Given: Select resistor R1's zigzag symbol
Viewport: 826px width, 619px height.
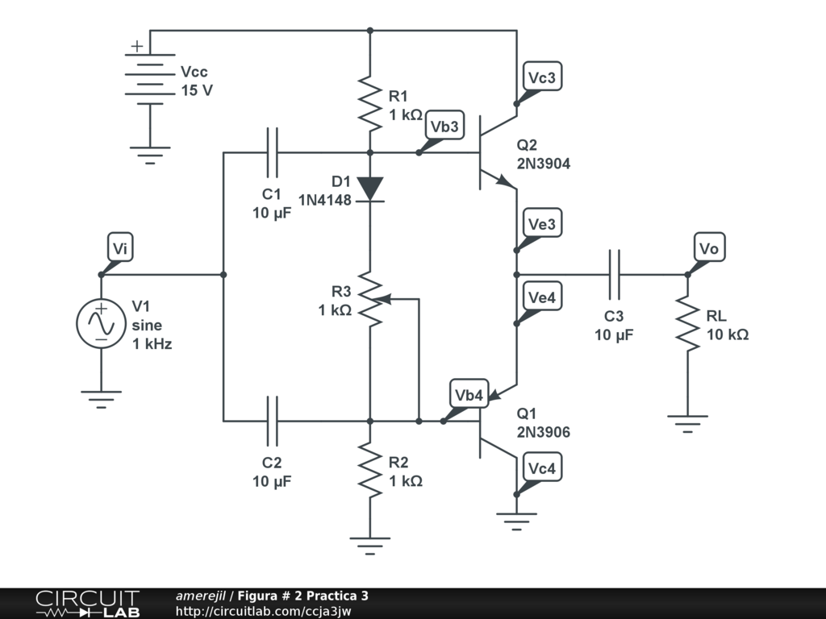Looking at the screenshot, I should (x=369, y=103).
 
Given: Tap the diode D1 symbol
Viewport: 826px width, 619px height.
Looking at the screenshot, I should (x=369, y=189).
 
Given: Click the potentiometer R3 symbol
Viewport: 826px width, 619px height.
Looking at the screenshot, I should (x=369, y=299).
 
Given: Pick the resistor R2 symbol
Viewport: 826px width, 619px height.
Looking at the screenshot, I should (x=369, y=472).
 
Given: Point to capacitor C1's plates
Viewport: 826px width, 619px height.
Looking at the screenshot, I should (x=272, y=152).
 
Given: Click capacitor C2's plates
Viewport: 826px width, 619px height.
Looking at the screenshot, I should (x=272, y=421).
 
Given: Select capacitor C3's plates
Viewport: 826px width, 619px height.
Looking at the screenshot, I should (x=615, y=274).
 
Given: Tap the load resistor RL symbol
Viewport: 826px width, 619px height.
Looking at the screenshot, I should (x=688, y=322).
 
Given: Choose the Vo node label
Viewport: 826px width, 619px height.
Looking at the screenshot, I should (x=708, y=248).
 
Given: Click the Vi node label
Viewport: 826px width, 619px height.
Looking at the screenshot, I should (x=119, y=249).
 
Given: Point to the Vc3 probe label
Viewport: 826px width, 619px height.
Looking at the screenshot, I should (x=541, y=77).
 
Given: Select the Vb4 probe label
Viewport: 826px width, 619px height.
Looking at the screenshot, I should (x=469, y=395).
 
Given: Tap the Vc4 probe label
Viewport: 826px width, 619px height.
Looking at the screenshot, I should (x=541, y=468).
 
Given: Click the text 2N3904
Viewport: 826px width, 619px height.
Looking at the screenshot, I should (x=544, y=164).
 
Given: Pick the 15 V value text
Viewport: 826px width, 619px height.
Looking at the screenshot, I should (x=197, y=90).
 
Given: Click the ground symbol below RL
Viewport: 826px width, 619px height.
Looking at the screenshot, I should (x=688, y=422).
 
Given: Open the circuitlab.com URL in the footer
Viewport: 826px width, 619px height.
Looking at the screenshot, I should (x=263, y=611).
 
